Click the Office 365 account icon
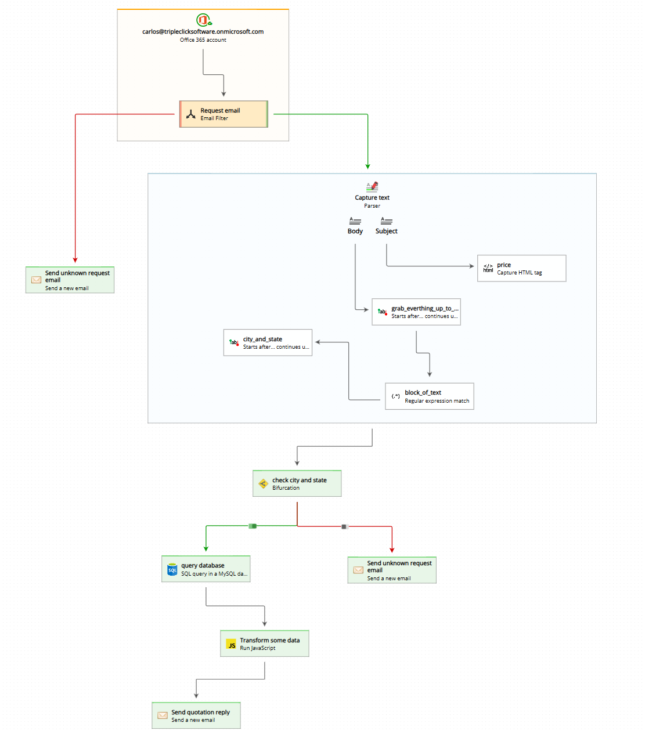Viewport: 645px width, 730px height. click(203, 20)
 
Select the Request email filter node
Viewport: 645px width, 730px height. click(224, 114)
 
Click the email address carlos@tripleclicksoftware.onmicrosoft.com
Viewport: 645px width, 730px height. click(203, 32)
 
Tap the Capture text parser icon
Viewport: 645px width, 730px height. click(372, 187)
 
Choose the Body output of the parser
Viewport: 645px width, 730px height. click(355, 226)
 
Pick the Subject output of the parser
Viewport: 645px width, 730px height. click(386, 226)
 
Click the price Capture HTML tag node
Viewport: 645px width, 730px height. click(521, 268)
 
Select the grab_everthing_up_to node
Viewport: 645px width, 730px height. click(416, 312)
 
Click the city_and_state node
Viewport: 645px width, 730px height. click(268, 342)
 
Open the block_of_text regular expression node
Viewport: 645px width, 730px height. click(430, 396)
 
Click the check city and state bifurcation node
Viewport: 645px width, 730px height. click(297, 483)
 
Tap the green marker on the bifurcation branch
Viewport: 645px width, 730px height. click(253, 526)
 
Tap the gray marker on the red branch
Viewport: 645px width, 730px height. click(344, 526)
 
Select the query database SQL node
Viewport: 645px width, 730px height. click(206, 569)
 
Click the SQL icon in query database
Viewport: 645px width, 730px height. click(172, 570)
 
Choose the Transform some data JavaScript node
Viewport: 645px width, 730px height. click(265, 644)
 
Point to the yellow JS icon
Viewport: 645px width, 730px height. click(231, 645)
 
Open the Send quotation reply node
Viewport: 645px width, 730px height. click(196, 715)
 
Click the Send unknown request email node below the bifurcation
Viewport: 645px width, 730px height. click(392, 570)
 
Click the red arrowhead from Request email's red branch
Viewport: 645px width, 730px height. click(75, 260)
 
